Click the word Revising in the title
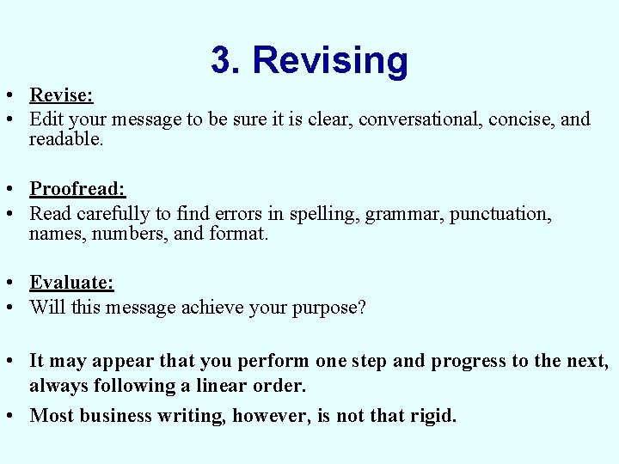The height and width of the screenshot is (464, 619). (330, 60)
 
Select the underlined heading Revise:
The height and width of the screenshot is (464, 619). (61, 95)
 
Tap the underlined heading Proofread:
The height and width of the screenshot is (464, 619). (77, 188)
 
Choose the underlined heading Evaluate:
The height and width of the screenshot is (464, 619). (71, 282)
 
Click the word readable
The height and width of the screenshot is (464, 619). (65, 138)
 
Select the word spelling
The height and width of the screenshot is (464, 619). (324, 212)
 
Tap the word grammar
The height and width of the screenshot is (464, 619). (399, 212)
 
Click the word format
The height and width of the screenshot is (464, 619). (239, 232)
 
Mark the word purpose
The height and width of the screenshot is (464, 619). (328, 307)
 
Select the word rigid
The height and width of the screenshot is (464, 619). (431, 416)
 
